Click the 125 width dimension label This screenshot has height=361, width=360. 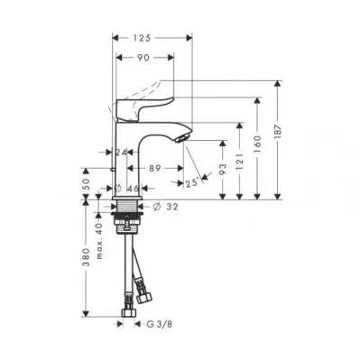(x=141, y=38)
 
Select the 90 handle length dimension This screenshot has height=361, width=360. (x=143, y=57)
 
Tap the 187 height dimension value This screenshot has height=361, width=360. (x=279, y=131)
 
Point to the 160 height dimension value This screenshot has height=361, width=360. (x=257, y=143)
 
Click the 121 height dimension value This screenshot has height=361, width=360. (x=239, y=162)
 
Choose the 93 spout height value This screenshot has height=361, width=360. (x=223, y=170)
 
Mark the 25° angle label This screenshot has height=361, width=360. (x=192, y=182)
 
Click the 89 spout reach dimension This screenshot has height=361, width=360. (x=155, y=169)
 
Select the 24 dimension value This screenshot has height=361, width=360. (x=121, y=153)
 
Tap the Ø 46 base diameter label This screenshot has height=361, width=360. (x=127, y=189)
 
